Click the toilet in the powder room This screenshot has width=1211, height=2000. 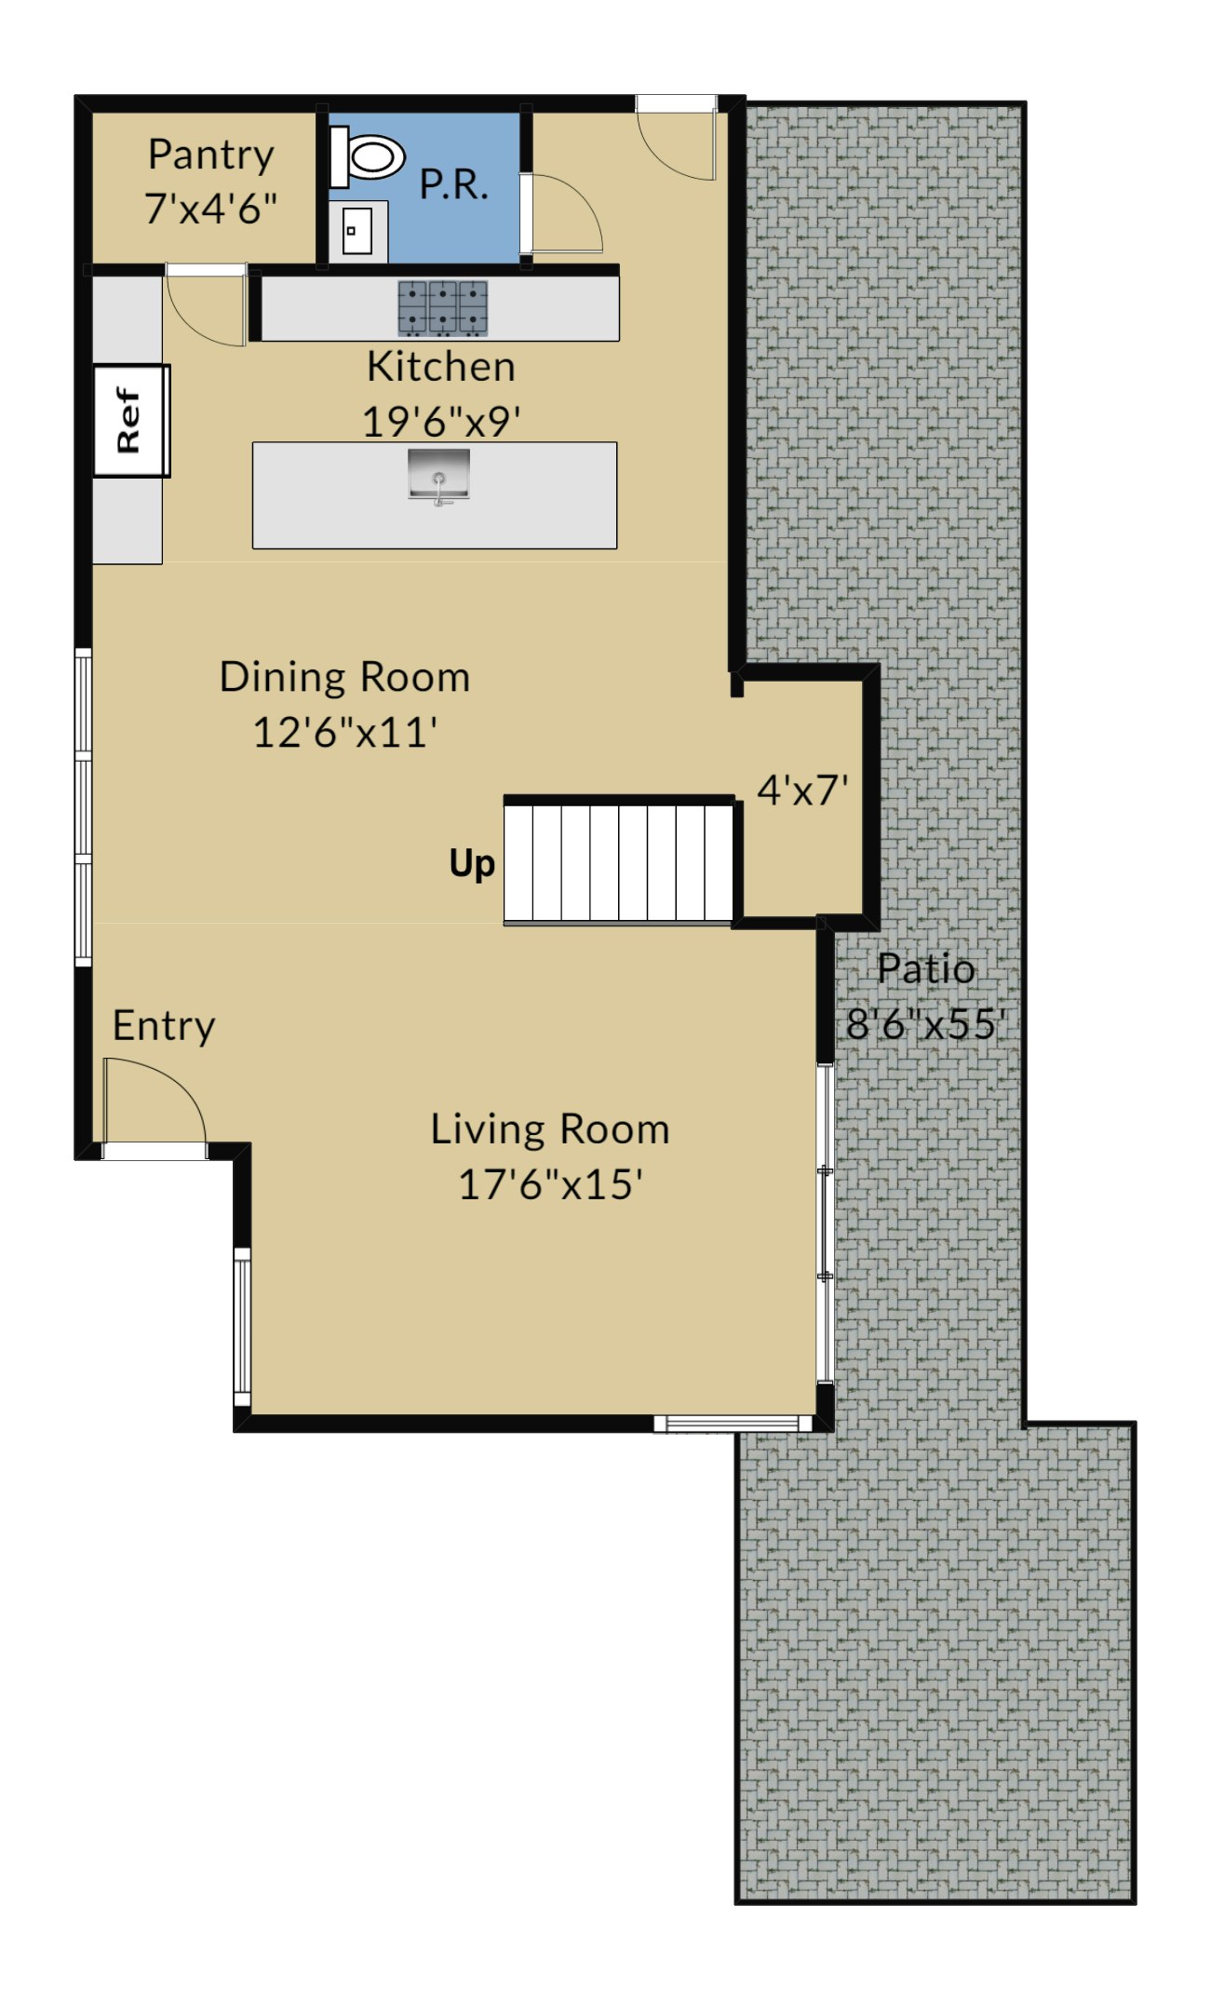(368, 156)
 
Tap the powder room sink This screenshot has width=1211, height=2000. (357, 231)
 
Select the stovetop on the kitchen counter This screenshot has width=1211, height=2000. (442, 308)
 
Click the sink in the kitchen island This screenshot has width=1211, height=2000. (438, 476)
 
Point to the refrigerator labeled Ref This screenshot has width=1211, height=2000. (130, 421)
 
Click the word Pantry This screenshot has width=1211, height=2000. (211, 155)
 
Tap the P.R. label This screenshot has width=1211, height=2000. (453, 184)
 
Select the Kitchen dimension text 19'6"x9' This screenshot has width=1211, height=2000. (440, 422)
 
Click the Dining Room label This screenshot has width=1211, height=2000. (344, 677)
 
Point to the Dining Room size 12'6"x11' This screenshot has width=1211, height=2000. (345, 732)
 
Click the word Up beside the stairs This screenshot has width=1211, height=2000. (472, 864)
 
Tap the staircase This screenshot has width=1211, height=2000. (619, 862)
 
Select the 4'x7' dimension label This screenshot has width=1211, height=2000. (802, 791)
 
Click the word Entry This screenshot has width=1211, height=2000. (164, 1027)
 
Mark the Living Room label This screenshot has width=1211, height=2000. (549, 1129)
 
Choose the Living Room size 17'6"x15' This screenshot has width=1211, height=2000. (550, 1184)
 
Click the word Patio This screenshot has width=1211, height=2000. (926, 969)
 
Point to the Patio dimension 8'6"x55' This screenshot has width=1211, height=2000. (926, 1024)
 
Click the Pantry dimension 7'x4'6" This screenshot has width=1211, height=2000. (211, 209)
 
